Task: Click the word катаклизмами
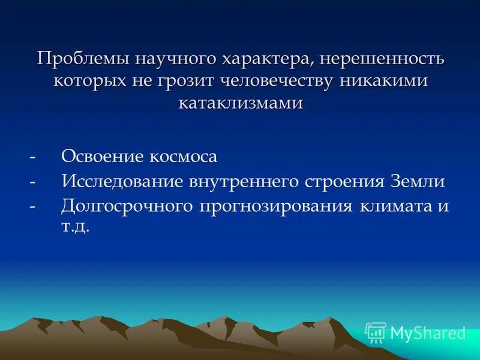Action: [241, 103]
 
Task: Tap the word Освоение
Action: [98, 157]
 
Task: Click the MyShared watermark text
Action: [428, 333]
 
